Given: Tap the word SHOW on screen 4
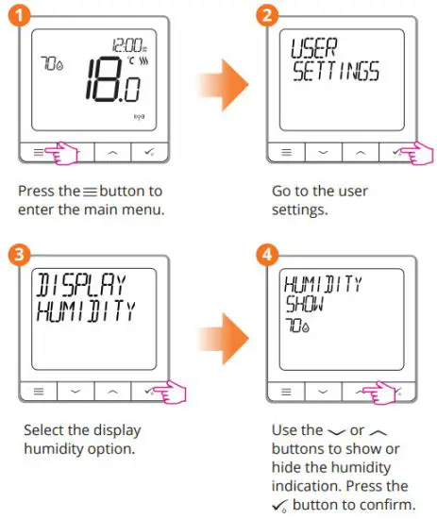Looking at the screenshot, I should (303, 307).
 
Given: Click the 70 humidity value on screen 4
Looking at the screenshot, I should (298, 327).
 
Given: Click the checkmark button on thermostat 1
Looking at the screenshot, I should (144, 151).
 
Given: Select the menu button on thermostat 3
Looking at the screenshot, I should (37, 389).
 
